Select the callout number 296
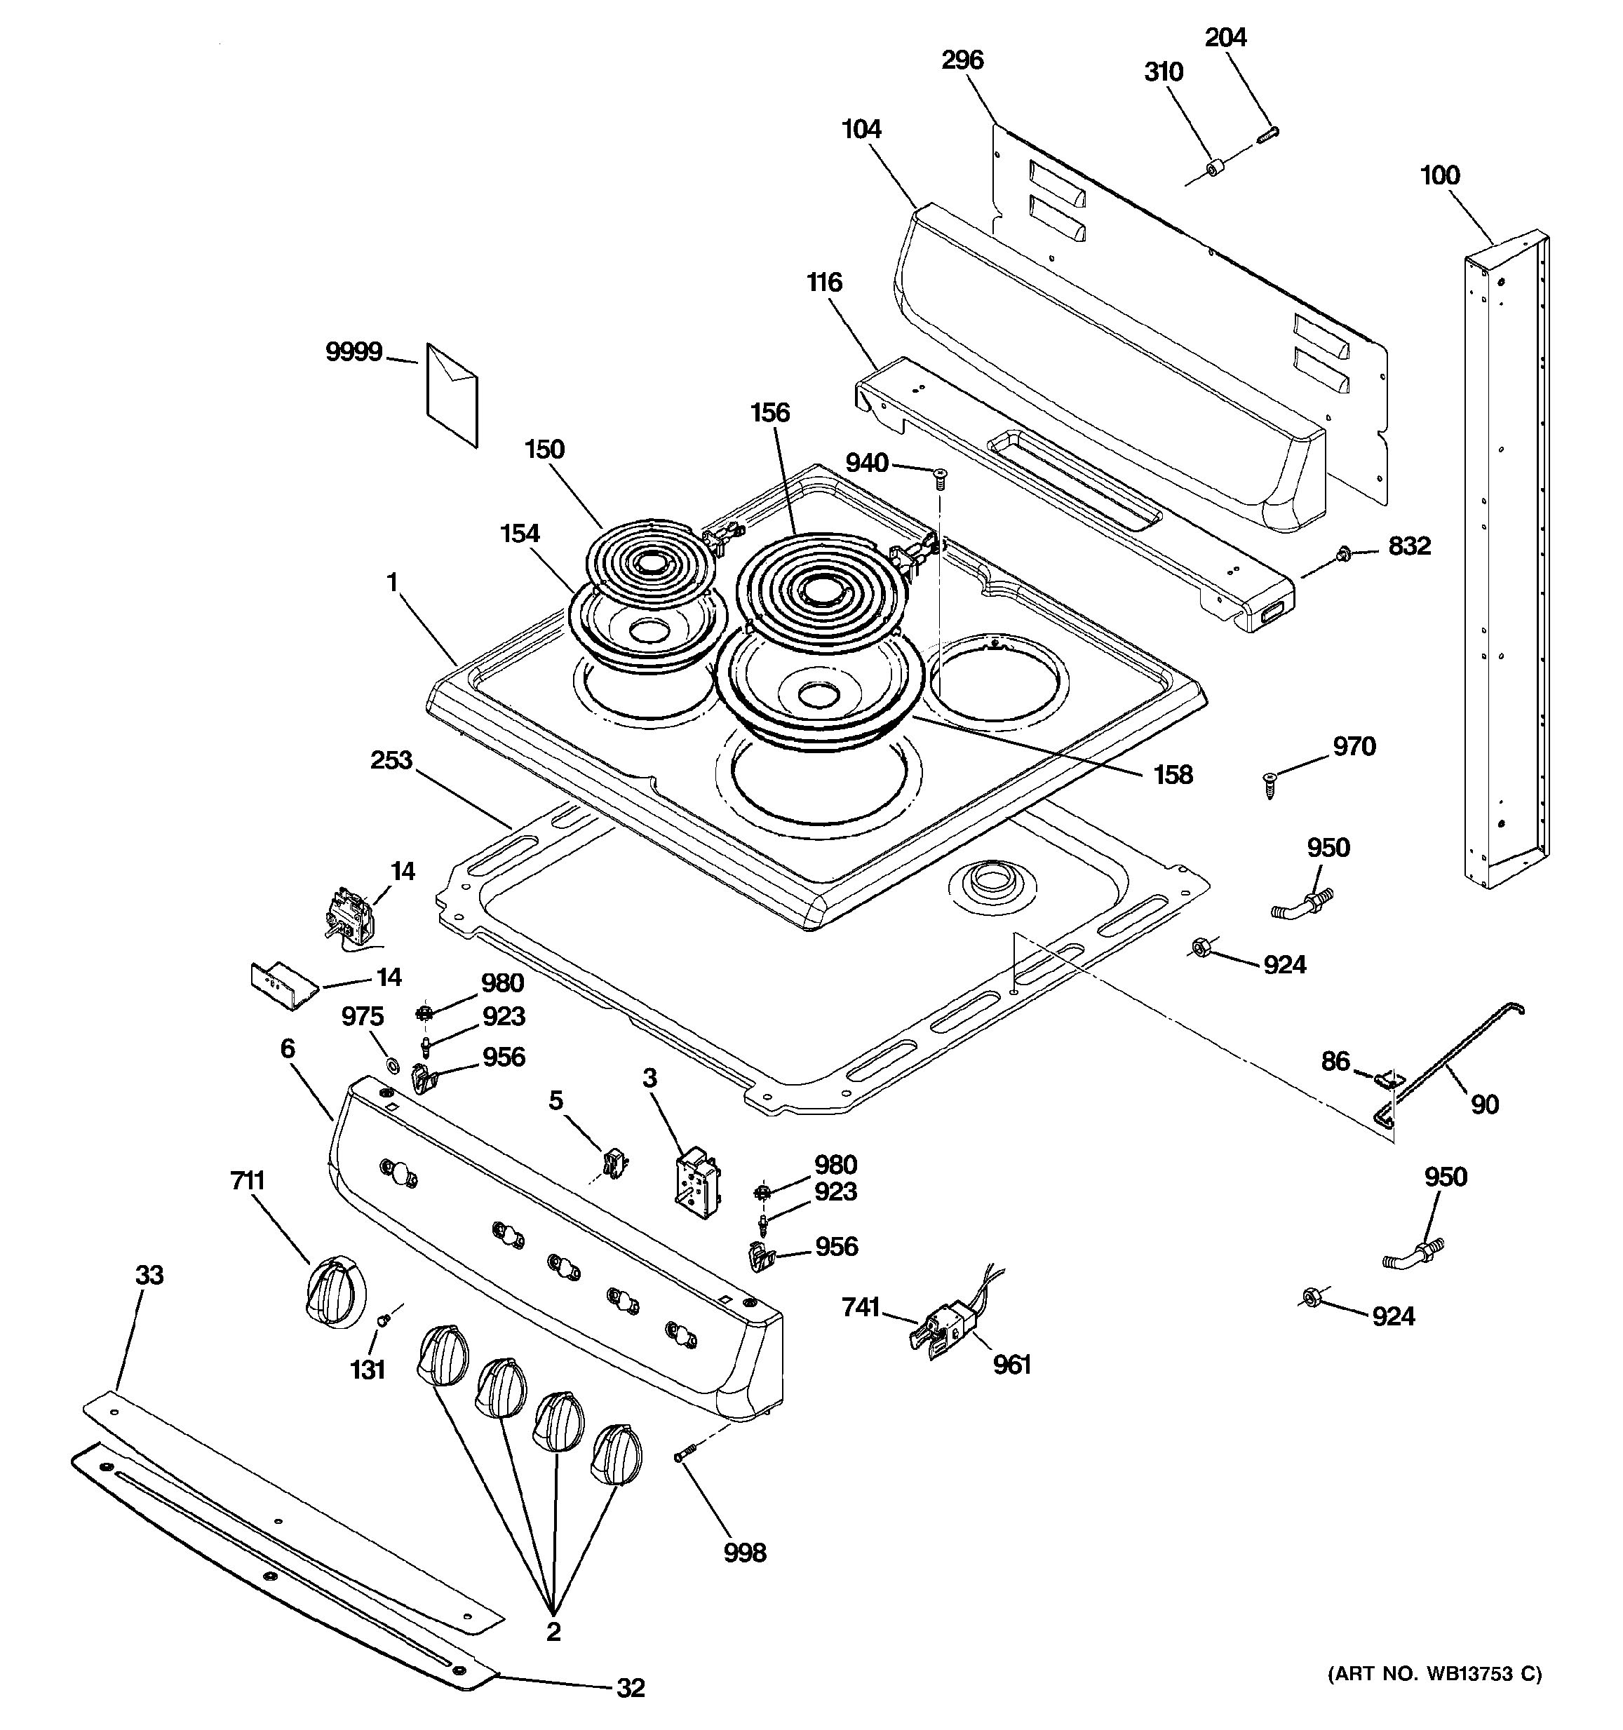[962, 60]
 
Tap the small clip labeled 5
[614, 1162]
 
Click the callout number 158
[1172, 774]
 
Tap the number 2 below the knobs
[553, 1632]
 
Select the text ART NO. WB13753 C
[1434, 1672]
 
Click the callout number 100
[1439, 176]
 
